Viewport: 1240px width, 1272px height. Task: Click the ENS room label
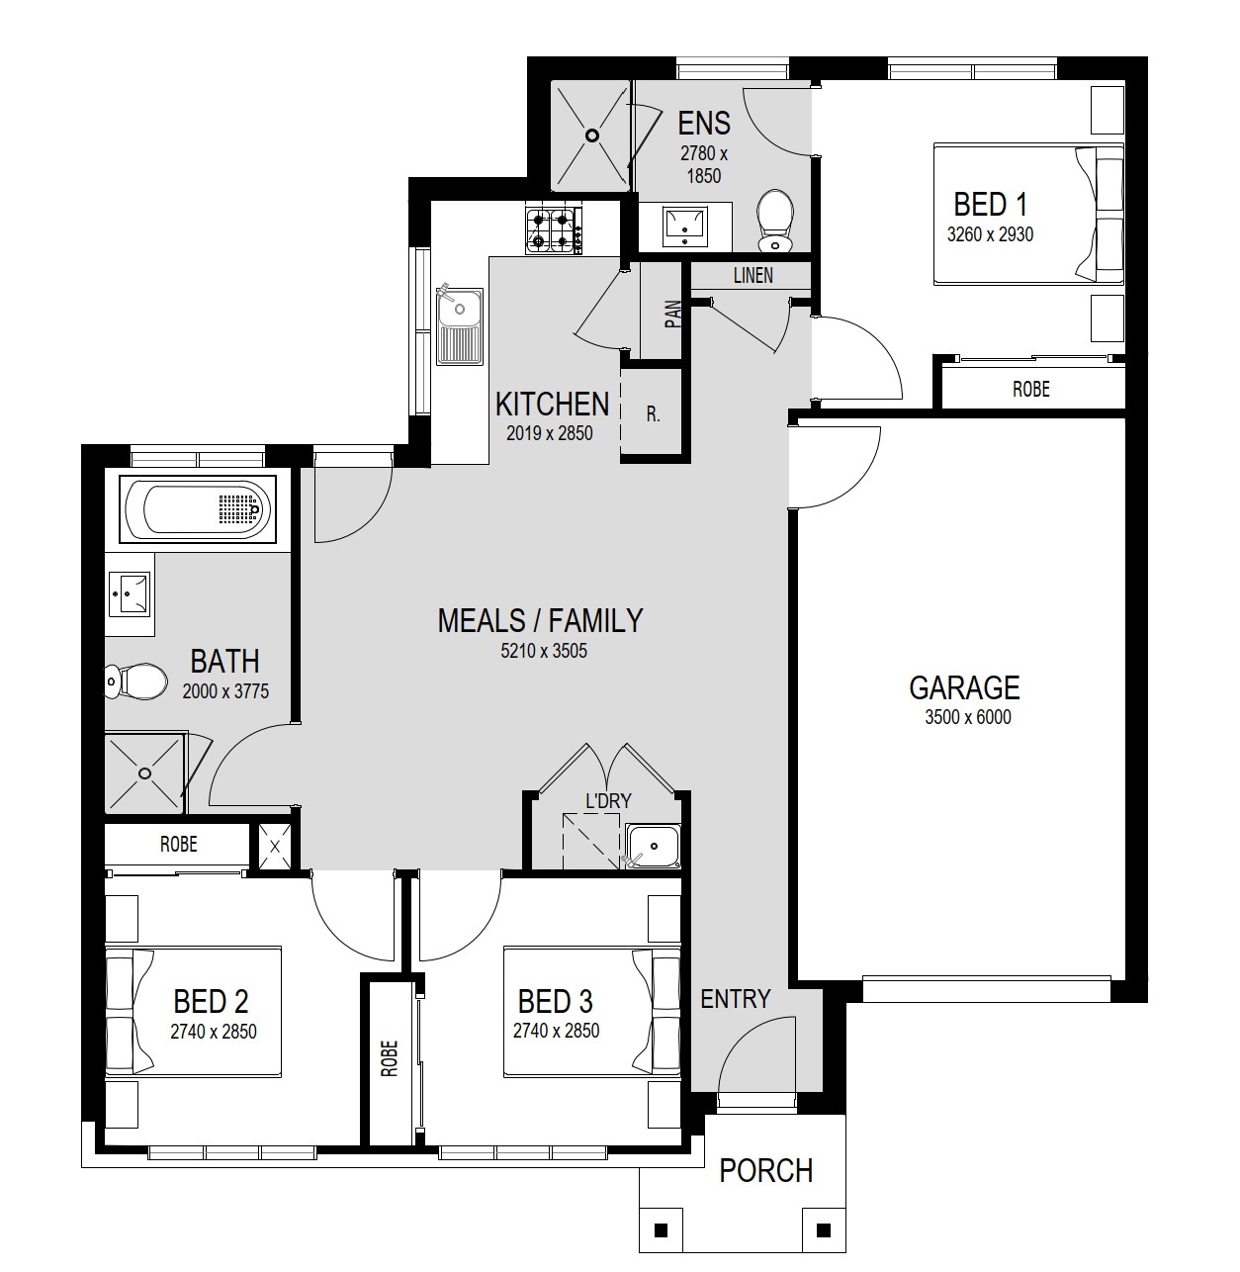(704, 123)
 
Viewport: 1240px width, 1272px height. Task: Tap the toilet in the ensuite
(775, 221)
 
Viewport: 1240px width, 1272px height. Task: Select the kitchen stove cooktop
(554, 230)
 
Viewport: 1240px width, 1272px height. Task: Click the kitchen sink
(460, 325)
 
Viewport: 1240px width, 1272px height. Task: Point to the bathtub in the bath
(198, 509)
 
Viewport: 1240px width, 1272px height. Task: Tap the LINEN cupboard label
(753, 276)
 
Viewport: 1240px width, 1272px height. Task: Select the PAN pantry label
(673, 314)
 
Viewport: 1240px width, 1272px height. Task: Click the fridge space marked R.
(653, 414)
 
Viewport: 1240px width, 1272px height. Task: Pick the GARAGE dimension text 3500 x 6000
(967, 717)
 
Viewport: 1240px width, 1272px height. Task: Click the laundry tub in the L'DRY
(653, 846)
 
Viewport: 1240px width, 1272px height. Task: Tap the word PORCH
(765, 1170)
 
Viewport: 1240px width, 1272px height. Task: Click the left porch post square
(661, 1230)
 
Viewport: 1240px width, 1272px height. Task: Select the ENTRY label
(735, 999)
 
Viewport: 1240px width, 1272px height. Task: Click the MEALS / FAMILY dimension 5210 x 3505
(544, 651)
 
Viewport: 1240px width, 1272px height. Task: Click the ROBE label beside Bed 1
(1031, 389)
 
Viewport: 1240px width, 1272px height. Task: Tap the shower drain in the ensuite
(592, 136)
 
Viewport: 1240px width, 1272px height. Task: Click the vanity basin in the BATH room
(130, 593)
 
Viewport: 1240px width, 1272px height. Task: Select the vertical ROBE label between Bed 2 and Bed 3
(390, 1058)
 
